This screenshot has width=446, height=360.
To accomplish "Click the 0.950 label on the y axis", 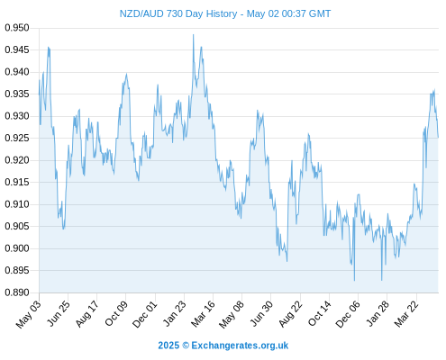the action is tap(17, 28).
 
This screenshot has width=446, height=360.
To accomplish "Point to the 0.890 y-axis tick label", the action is tap(17, 292).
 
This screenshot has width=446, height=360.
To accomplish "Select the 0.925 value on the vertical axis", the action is tap(17, 139).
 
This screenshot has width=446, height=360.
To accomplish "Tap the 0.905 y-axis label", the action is tap(17, 226).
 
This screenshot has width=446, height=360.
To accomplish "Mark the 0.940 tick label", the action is tap(17, 72).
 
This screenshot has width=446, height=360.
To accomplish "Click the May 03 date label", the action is tap(28, 314).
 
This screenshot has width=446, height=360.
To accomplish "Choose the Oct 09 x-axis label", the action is tap(116, 313).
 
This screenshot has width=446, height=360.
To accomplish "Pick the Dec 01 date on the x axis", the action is tap(145, 314).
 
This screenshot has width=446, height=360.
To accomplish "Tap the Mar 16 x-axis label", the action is tap(203, 313).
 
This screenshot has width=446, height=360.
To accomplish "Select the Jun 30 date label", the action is tap(261, 313).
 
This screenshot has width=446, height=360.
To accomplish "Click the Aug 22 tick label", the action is tap(290, 314).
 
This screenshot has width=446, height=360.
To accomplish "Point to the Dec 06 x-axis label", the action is tap(348, 314).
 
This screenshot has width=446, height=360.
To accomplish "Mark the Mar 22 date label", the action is tap(406, 313).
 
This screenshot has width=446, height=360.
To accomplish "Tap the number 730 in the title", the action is tap(174, 13).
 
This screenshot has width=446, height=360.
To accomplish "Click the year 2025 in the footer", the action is tap(168, 346).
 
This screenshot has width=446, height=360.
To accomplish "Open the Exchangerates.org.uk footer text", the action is tap(240, 346).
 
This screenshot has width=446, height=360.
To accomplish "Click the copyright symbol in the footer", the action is tap(186, 346).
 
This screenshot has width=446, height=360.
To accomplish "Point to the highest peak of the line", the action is tap(194, 34).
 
